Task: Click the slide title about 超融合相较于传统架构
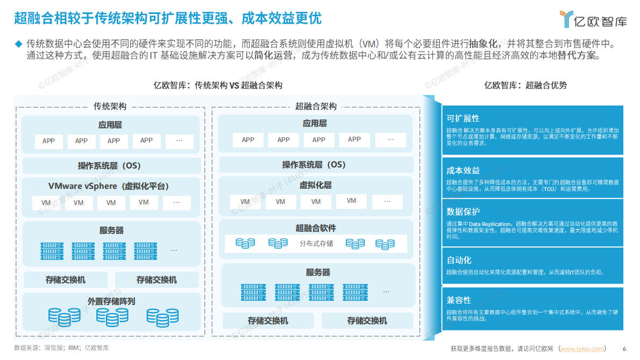click(167, 19)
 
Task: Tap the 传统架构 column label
click(110, 106)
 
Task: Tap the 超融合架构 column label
click(316, 106)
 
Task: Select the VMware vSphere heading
click(109, 186)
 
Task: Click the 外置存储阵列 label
click(111, 301)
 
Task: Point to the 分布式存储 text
click(316, 243)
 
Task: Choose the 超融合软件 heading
click(316, 228)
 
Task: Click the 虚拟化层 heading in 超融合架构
click(316, 185)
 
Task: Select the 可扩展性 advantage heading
click(463, 118)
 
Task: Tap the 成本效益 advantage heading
click(463, 170)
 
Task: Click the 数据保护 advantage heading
click(463, 211)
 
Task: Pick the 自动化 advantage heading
click(459, 260)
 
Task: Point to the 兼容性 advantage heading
click(459, 300)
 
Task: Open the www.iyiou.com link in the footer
click(582, 349)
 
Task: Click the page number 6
click(624, 349)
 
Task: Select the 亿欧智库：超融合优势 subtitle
click(525, 85)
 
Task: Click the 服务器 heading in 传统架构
click(111, 230)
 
